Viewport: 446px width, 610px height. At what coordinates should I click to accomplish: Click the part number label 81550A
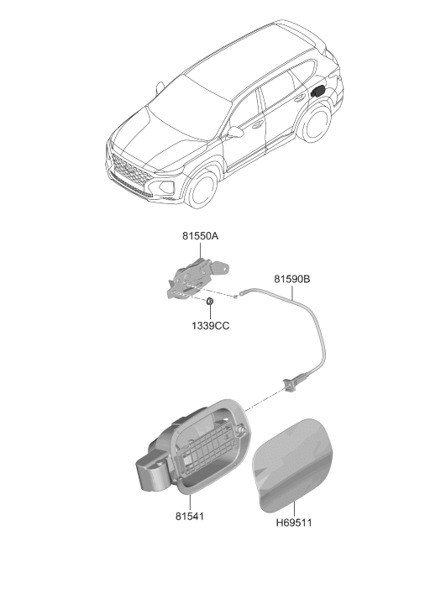tap(200, 236)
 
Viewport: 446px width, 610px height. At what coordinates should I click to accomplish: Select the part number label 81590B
tap(292, 279)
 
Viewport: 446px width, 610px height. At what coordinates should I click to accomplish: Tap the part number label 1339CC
tap(210, 326)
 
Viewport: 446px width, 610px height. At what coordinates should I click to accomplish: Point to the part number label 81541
tap(189, 516)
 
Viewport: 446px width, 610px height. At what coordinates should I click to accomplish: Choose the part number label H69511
tap(294, 523)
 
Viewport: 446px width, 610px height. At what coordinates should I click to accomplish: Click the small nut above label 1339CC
tap(210, 301)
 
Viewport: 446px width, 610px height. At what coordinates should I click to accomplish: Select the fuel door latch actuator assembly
tap(197, 278)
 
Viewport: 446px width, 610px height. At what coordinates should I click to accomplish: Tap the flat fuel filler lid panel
tap(293, 465)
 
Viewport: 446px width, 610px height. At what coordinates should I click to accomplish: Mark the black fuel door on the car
tap(317, 92)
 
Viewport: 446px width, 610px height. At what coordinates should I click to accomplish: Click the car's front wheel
tap(202, 188)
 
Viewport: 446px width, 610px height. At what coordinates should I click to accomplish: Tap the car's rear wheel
tap(315, 124)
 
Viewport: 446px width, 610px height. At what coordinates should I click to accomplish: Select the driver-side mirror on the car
tap(234, 132)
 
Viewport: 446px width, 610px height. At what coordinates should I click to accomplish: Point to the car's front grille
tap(129, 171)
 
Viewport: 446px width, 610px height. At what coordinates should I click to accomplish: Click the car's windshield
tap(191, 103)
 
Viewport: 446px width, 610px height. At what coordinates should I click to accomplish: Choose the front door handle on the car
tap(257, 124)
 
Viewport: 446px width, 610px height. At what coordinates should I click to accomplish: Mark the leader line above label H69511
tap(294, 509)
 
